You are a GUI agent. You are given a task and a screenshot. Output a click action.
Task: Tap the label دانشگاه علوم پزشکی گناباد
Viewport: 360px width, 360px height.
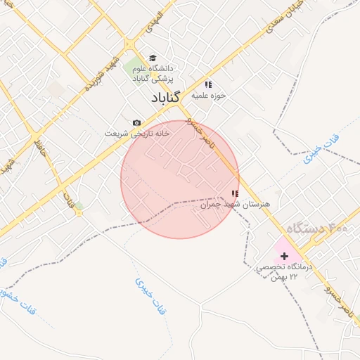coord(153,74)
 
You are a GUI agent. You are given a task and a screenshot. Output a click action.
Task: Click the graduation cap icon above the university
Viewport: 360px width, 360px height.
coord(153,58)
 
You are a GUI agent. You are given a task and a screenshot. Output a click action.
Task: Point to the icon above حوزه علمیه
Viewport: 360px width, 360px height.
coord(208,84)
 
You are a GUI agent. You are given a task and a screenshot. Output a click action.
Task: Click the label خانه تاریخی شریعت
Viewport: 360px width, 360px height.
coord(136,133)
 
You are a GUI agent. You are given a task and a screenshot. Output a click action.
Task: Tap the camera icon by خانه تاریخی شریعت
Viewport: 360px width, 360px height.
coord(136,122)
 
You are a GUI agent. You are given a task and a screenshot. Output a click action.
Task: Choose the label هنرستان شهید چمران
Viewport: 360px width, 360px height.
coord(234,205)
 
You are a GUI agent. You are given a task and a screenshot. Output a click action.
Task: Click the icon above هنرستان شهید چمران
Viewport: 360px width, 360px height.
coord(235,193)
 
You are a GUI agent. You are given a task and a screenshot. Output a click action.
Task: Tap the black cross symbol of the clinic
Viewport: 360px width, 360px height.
coord(284,256)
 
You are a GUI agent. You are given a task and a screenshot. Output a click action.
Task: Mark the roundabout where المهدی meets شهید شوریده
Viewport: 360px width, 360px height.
coord(129,45)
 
